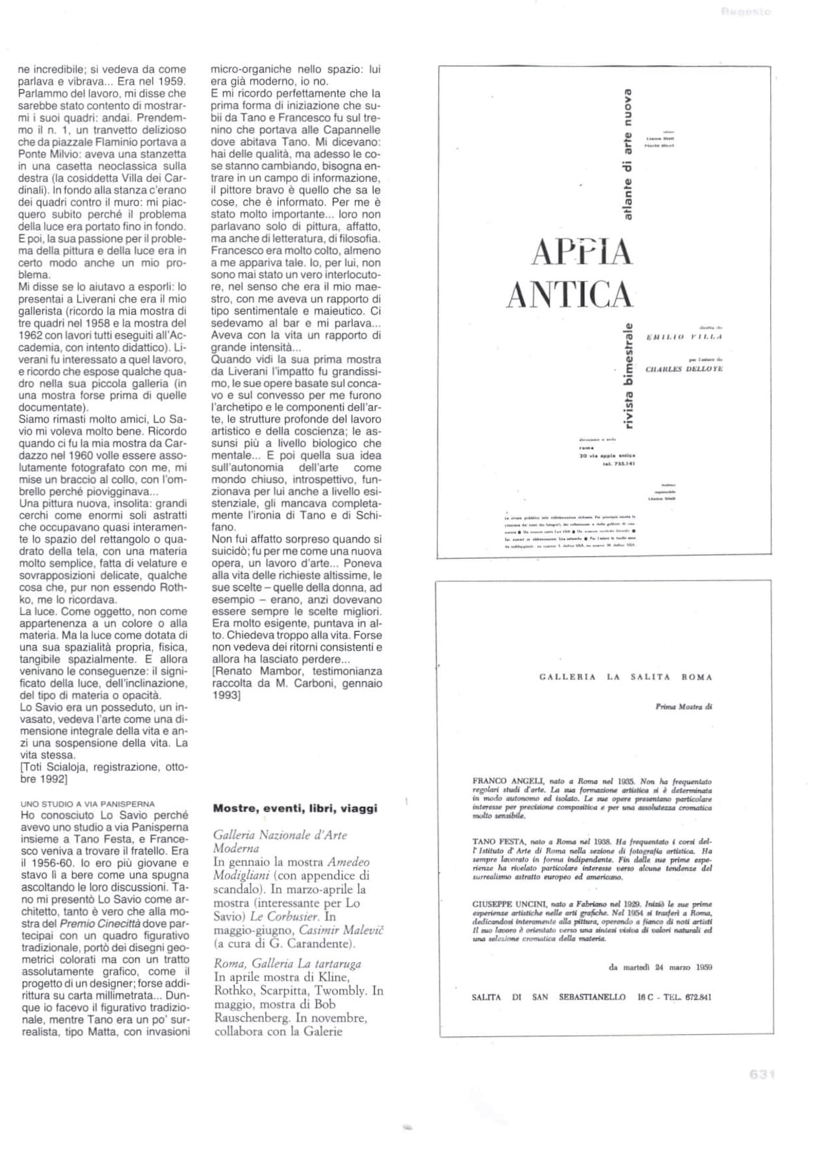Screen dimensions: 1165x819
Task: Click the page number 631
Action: (x=761, y=1075)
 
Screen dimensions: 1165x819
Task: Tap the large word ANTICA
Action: (x=569, y=295)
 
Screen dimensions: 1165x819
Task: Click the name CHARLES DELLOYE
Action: (x=684, y=369)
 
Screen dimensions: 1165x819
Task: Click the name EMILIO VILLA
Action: (x=684, y=336)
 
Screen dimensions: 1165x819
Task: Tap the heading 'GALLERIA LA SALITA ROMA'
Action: (x=625, y=677)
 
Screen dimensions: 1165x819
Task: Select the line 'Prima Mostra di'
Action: (x=684, y=707)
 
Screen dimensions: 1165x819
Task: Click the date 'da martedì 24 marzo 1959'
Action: (x=660, y=967)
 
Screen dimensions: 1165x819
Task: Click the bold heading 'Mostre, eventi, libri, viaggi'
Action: (x=295, y=808)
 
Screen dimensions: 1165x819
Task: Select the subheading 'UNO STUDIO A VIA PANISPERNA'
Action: (x=88, y=804)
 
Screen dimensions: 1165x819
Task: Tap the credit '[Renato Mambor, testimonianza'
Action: (x=296, y=671)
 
